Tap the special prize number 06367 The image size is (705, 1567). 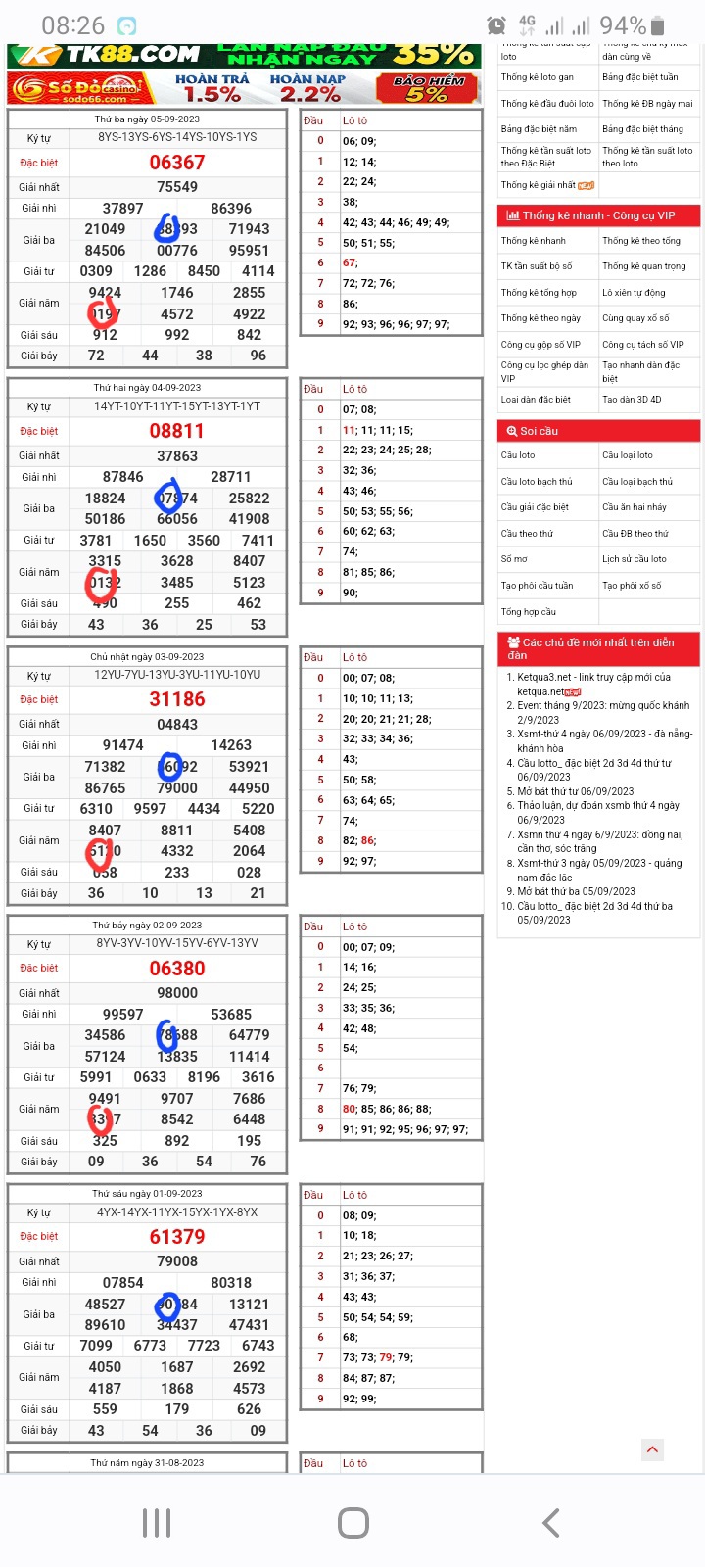coord(177,163)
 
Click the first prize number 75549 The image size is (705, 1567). coord(177,187)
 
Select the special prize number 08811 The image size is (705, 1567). coord(177,431)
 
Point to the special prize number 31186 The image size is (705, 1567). coord(177,699)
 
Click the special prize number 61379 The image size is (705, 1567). coord(177,1237)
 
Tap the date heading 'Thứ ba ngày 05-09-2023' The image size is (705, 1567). coord(147,119)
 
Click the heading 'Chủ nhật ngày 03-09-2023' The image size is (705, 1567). coord(147,657)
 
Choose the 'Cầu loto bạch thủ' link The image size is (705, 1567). coord(537,482)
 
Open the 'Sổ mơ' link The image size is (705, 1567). coord(514,559)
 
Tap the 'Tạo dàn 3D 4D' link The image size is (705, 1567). coord(632,400)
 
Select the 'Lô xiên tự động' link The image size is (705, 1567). coord(634,293)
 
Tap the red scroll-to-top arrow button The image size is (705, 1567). coord(652,1450)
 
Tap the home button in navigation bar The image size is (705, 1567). coord(352,1523)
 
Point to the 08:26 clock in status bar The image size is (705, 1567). coord(72,25)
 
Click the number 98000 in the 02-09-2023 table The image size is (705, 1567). coord(177,993)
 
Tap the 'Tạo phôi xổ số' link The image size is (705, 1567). coord(632,586)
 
